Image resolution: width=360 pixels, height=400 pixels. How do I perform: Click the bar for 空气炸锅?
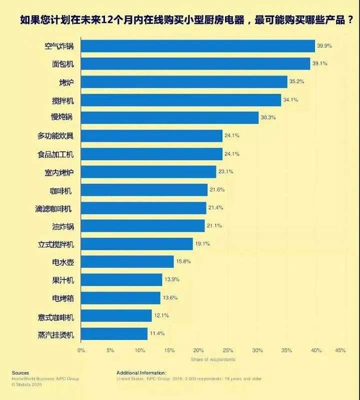click(197, 46)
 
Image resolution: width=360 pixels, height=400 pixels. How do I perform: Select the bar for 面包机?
click(195, 64)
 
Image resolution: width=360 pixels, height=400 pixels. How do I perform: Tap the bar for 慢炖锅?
click(169, 118)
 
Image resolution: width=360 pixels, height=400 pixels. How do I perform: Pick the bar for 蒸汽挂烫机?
click(114, 333)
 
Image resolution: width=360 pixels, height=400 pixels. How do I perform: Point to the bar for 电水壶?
click(127, 261)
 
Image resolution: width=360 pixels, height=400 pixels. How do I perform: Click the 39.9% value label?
click(324, 46)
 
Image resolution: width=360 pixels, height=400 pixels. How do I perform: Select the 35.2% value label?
click(296, 82)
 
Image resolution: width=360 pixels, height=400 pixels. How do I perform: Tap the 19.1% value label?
click(202, 244)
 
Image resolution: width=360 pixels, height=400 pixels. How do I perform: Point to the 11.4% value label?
click(157, 333)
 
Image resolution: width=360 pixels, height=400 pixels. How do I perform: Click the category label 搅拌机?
click(62, 100)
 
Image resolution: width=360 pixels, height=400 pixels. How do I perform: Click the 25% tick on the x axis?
click(228, 350)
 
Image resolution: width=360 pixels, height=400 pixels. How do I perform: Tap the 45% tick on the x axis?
click(340, 350)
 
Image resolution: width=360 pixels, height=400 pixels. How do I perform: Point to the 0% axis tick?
click(81, 350)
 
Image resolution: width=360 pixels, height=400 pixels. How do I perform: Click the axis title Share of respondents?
click(212, 359)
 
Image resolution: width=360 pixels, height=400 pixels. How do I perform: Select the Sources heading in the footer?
click(20, 372)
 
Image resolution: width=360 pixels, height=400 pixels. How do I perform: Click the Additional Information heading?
click(141, 372)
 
